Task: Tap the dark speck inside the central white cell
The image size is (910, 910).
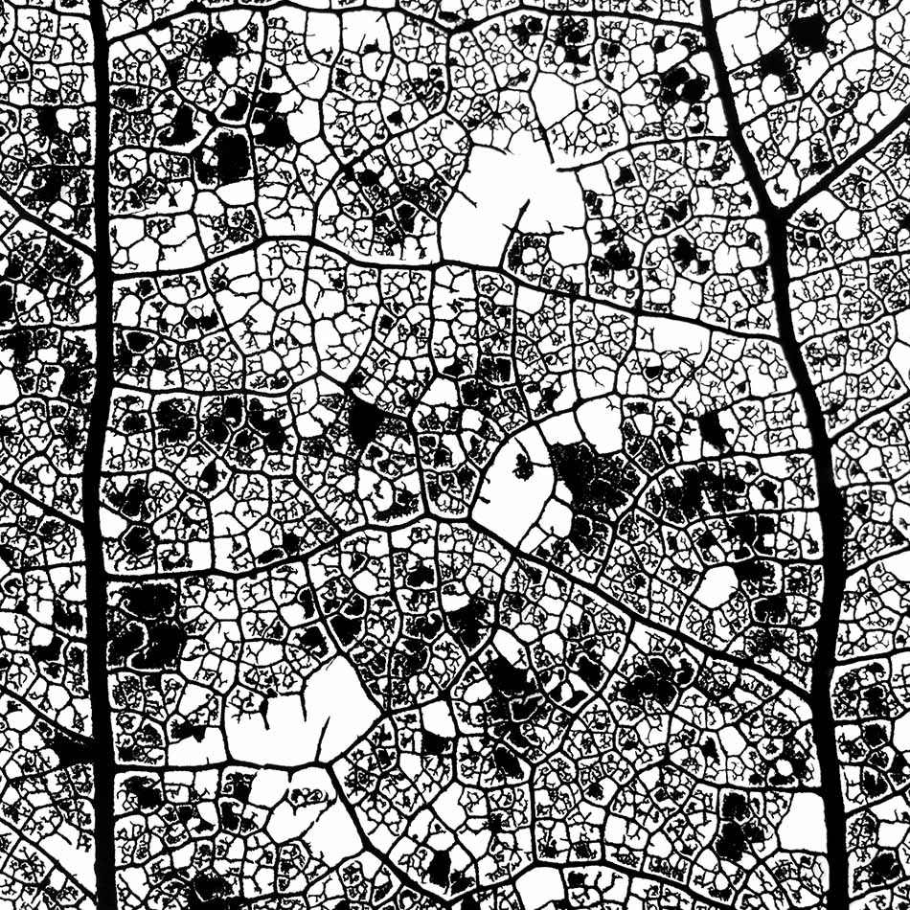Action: [x=523, y=468]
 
